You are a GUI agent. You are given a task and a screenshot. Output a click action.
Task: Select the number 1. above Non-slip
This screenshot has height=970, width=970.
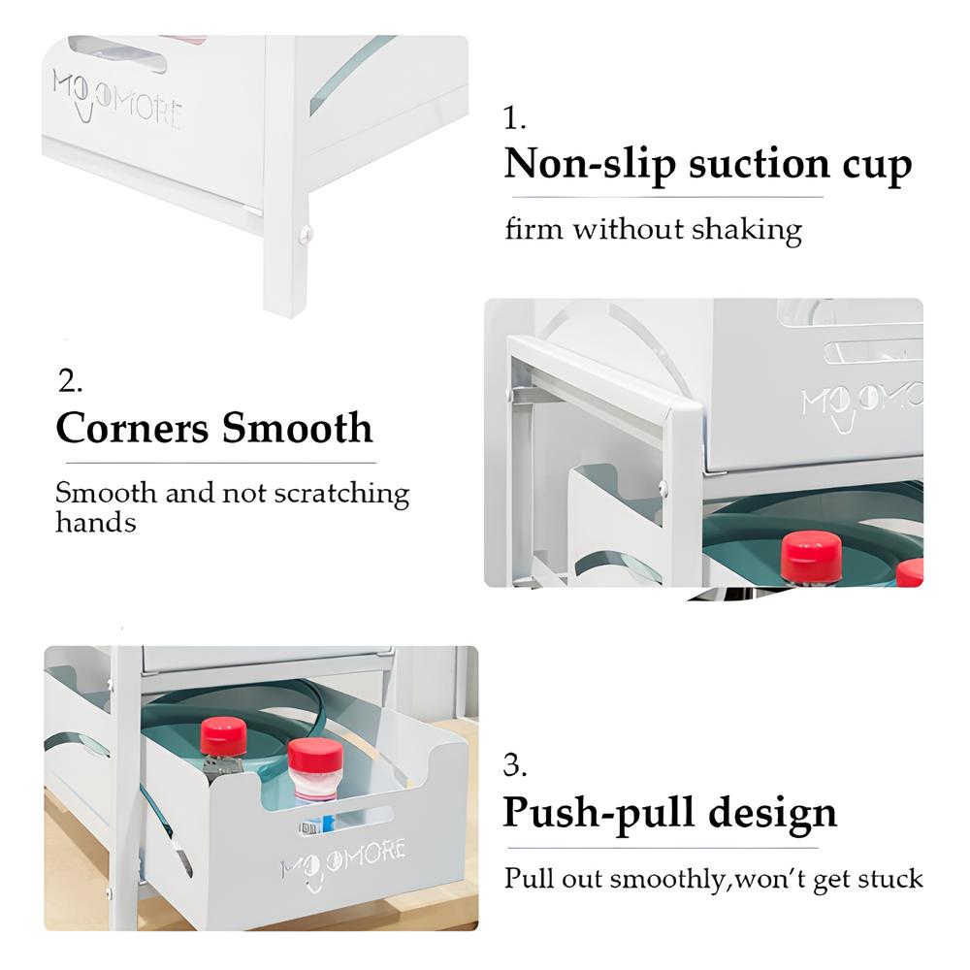pyautogui.click(x=515, y=117)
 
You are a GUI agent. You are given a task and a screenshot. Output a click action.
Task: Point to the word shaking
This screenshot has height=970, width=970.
pyautogui.click(x=747, y=231)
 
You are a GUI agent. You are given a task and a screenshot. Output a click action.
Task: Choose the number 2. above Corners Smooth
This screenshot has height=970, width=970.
pyautogui.click(x=70, y=380)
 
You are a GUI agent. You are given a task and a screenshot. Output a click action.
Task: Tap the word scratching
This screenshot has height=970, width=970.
pyautogui.click(x=341, y=495)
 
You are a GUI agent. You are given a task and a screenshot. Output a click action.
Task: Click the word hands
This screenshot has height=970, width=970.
pyautogui.click(x=96, y=523)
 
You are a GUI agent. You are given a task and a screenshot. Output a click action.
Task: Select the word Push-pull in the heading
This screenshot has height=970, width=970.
pyautogui.click(x=599, y=815)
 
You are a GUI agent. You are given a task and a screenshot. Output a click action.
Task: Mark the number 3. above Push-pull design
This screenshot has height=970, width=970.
pyautogui.click(x=515, y=766)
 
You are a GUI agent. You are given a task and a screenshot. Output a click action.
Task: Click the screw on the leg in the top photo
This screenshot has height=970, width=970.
pyautogui.click(x=305, y=233)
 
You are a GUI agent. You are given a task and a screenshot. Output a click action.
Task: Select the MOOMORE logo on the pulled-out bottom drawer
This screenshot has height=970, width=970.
pyautogui.click(x=343, y=862)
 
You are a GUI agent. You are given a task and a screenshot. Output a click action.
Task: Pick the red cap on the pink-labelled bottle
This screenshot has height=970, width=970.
pyautogui.click(x=315, y=754)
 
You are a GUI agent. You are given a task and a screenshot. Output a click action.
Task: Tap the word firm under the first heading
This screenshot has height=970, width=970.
pyautogui.click(x=533, y=230)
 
